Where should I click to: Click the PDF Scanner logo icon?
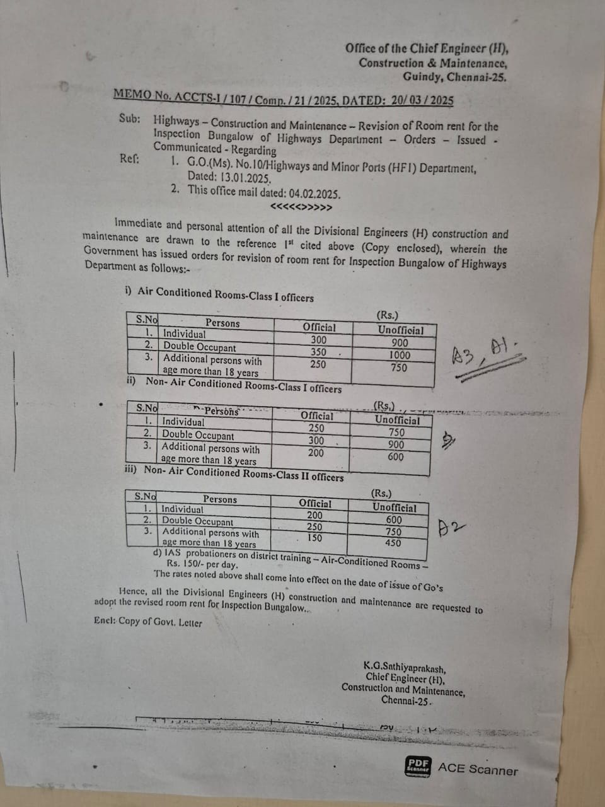pos(418,767)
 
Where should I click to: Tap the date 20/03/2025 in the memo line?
pos(422,101)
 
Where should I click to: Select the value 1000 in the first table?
pos(400,355)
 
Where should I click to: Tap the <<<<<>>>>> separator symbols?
pos(301,207)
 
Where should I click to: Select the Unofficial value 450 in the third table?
pos(393,543)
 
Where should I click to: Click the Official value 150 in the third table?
pos(314,538)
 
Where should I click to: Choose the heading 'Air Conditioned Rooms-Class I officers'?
pos(225,294)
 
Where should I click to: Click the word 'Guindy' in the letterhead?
pos(422,77)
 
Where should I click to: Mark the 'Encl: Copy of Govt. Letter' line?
pos(148,622)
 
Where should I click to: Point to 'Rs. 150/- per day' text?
pos(202,564)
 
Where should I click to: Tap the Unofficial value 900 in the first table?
pos(400,342)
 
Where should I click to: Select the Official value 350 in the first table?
pos(319,352)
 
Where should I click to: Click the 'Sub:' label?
pos(130,119)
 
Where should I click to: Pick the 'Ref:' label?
pos(129,159)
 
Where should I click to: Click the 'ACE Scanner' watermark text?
pos(478,769)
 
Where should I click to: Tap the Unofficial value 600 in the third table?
pos(394,520)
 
